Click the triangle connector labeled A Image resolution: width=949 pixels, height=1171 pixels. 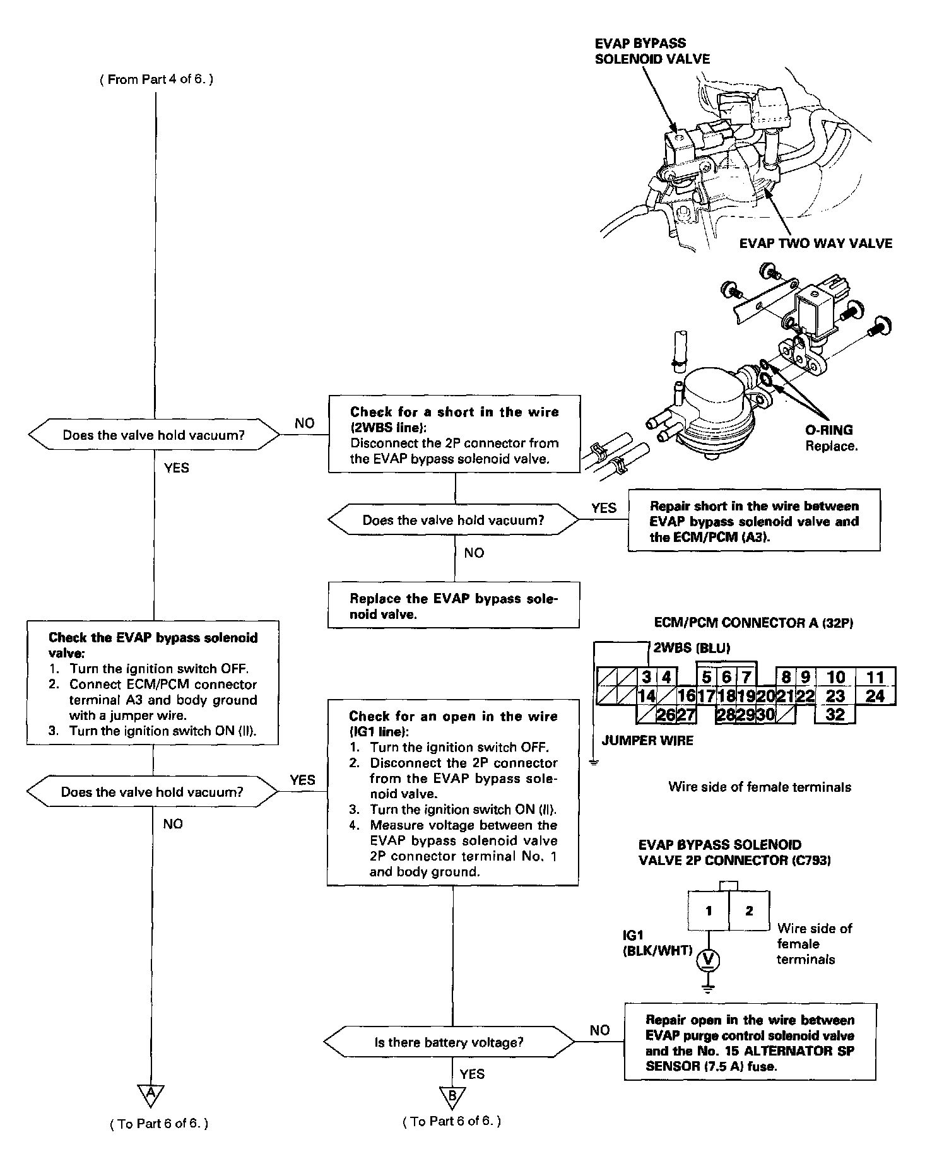tap(151, 1095)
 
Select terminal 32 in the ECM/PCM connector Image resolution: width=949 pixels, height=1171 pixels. tap(835, 714)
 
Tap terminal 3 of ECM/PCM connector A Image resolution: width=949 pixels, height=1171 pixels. tap(647, 678)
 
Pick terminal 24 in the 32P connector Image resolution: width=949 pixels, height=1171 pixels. tap(875, 696)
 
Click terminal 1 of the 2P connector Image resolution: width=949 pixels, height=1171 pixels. tap(709, 910)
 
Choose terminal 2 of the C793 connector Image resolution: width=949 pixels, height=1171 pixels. tap(749, 910)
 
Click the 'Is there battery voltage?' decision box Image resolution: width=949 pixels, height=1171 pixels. tap(449, 1042)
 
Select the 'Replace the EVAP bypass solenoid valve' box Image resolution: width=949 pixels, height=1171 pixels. tap(453, 606)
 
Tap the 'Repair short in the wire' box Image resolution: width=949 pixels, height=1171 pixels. tap(753, 521)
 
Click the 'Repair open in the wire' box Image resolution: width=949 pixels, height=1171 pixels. tap(750, 1043)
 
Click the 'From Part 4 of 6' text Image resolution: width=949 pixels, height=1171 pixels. tap(156, 80)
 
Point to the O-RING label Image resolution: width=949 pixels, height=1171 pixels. tap(828, 430)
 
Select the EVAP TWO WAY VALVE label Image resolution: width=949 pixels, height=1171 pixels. tap(815, 244)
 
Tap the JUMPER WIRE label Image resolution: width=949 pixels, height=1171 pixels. tap(647, 741)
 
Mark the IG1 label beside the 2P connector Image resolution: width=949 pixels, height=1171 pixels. tap(633, 936)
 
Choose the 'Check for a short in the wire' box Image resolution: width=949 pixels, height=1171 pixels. tap(454, 435)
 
